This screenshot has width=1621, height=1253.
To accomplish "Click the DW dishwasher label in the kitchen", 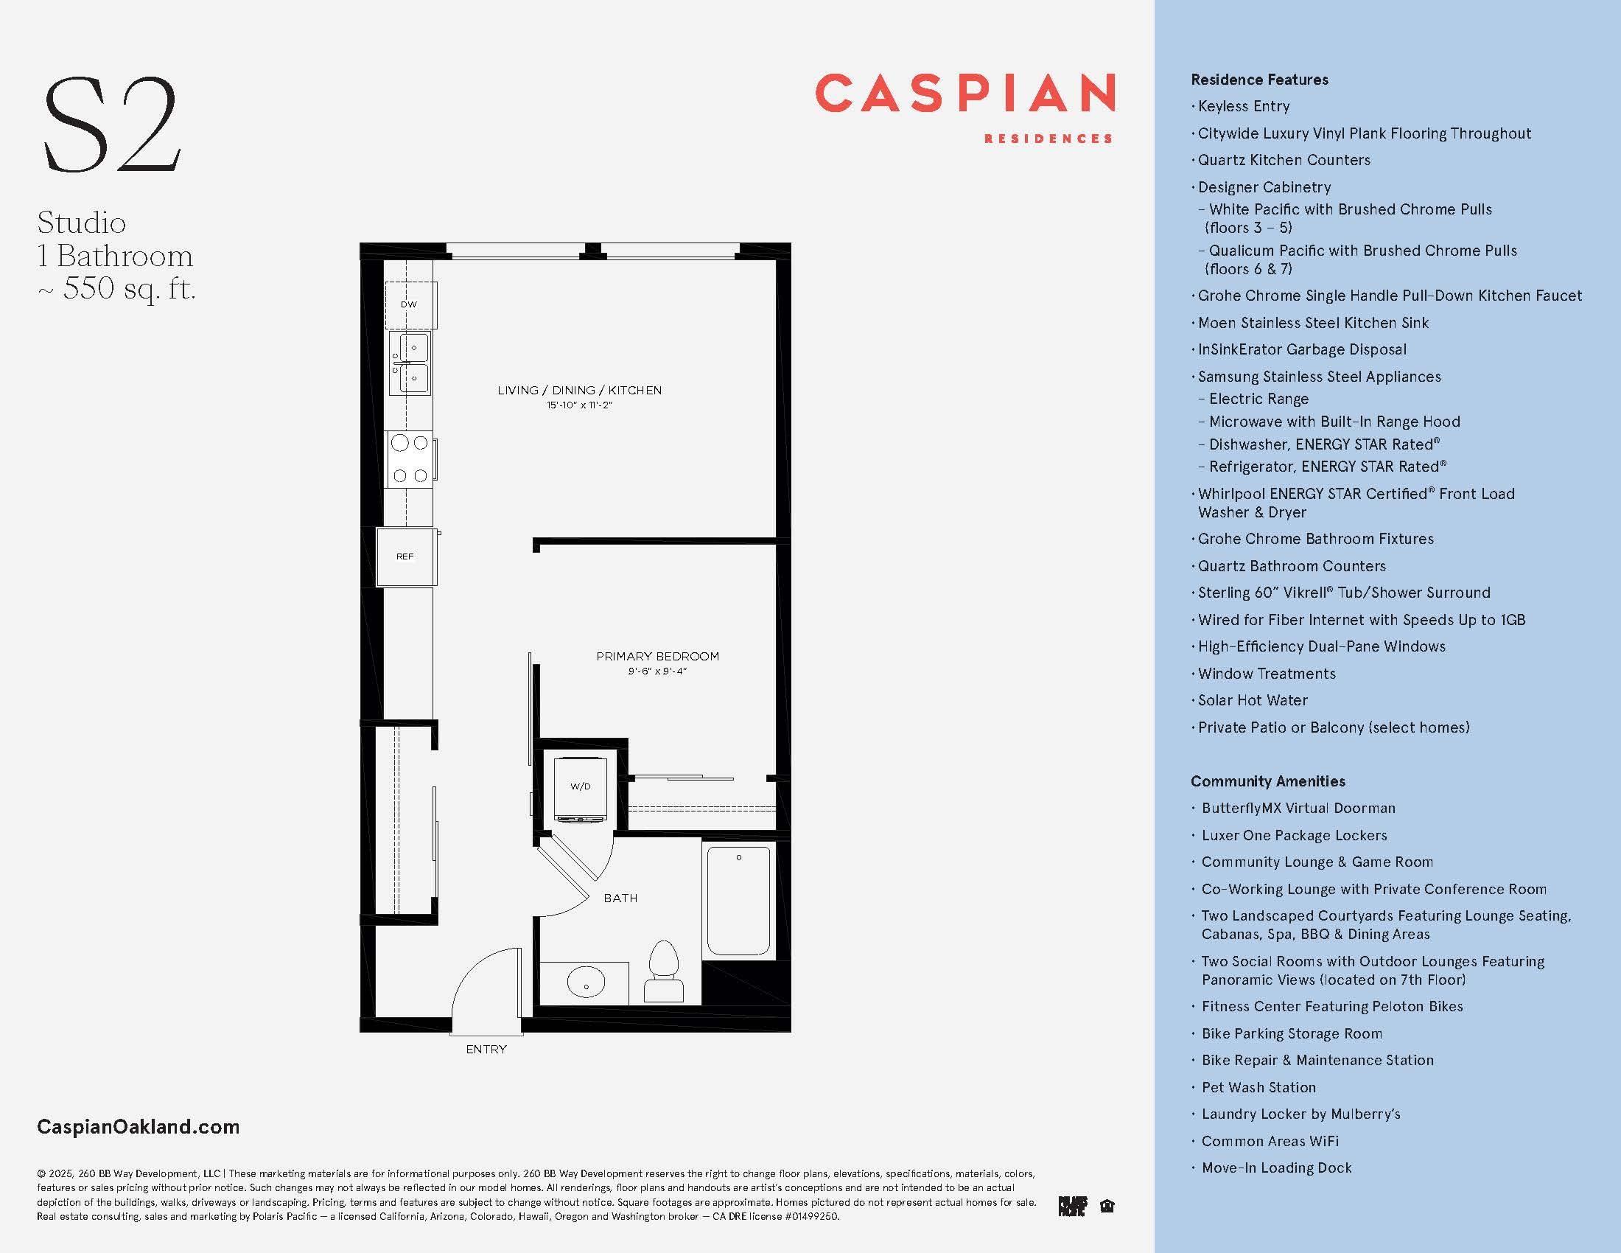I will (x=409, y=304).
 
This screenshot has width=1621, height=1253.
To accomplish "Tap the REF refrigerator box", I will (x=405, y=556).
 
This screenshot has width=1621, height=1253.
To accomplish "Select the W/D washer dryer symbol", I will (x=581, y=787).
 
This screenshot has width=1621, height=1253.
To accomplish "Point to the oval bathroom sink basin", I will (x=586, y=982).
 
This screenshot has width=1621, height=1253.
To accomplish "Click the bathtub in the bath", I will (x=738, y=901).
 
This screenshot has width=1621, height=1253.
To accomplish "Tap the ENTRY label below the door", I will (x=486, y=1049).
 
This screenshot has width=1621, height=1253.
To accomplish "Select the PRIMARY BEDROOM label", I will (x=657, y=656).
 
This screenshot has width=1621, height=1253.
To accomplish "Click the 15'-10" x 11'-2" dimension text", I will (x=579, y=405).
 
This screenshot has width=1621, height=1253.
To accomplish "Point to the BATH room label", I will (x=620, y=898).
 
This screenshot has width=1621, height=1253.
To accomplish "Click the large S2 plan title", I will (x=111, y=125).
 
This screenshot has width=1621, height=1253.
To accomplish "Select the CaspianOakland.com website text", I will (x=138, y=1127).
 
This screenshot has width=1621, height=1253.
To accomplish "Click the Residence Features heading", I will (x=1259, y=80).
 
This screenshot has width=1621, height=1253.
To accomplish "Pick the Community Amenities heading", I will (x=1268, y=781).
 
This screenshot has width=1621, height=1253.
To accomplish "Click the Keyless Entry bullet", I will (x=1243, y=106).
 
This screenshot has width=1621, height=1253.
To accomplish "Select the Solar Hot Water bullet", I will (x=1252, y=700).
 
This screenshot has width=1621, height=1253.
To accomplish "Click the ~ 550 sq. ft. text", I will (x=116, y=288).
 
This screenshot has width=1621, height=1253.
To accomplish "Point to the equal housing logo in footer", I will (x=1107, y=1207).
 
